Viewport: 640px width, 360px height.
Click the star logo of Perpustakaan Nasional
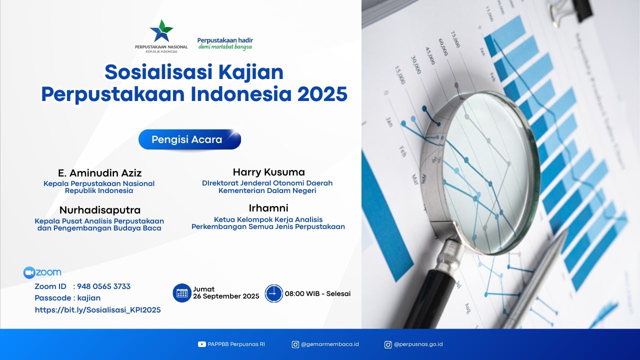click(161, 31)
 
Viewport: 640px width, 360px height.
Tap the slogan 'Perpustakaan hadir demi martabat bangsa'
click(225, 43)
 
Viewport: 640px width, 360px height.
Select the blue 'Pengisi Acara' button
click(189, 139)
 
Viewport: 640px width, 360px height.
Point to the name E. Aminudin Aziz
click(100, 173)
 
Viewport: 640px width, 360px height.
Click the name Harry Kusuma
click(268, 172)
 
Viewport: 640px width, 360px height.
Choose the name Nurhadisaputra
click(100, 209)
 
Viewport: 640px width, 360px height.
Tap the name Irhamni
click(268, 208)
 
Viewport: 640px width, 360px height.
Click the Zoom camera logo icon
click(29, 272)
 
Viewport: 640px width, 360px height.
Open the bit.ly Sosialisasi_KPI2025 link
click(98, 310)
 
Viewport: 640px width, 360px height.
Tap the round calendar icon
click(182, 293)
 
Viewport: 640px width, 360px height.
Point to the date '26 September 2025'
click(226, 296)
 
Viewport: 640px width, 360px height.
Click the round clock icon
click(274, 293)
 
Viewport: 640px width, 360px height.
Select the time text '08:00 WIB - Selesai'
click(317, 293)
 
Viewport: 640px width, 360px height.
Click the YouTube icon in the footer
click(202, 344)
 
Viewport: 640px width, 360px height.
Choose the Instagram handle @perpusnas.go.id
click(418, 344)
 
